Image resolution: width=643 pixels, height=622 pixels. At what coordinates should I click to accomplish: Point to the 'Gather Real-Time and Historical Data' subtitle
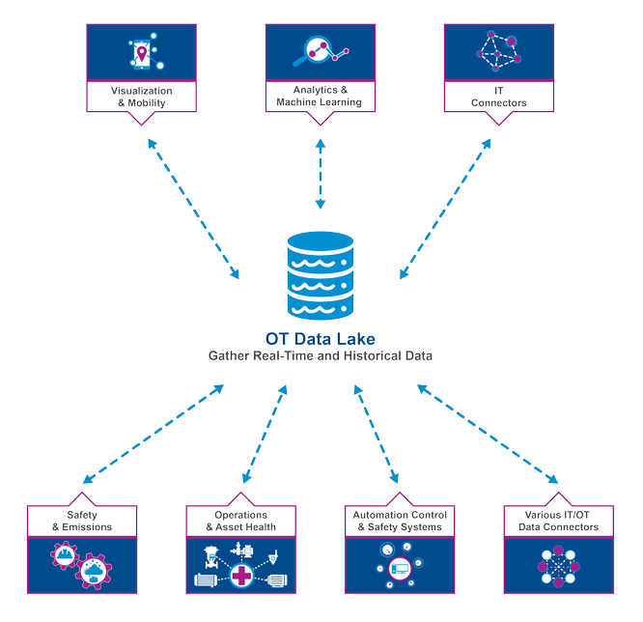321,354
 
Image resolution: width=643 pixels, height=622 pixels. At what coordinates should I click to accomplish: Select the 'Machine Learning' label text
320,101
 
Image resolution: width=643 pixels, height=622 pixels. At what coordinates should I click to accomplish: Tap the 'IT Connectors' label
498,97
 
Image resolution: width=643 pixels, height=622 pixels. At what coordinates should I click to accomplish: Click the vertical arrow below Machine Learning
320,174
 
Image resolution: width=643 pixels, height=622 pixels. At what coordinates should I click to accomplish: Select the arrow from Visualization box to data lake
193,209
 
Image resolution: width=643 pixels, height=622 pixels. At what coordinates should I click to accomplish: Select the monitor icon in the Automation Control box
399,570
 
